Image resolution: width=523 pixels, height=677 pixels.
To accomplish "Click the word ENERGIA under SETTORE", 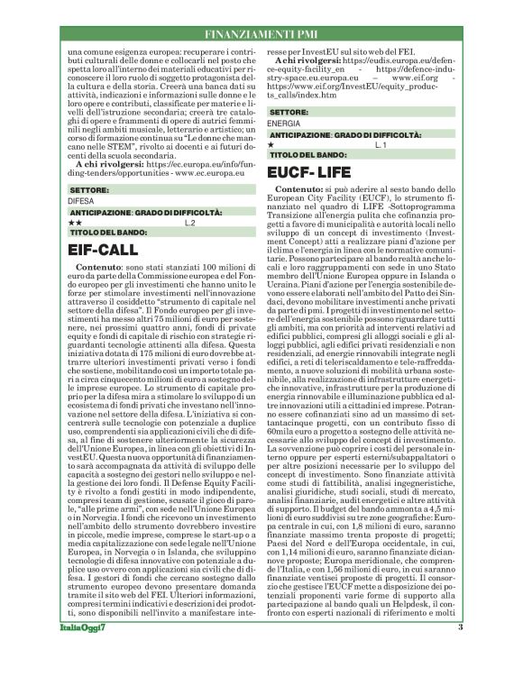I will coord(284,122).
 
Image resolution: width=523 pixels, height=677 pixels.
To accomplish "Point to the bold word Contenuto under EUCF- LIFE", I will coord(299,191).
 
